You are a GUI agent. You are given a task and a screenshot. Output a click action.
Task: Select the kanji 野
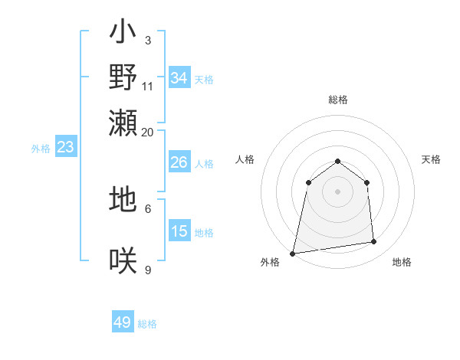[123, 77]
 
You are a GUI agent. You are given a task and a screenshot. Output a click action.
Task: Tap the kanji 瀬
[123, 122]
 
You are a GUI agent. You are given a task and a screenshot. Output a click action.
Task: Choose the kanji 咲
[123, 260]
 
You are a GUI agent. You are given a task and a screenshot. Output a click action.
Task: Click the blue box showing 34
[179, 78]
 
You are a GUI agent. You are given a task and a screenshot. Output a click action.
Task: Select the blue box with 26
[179, 162]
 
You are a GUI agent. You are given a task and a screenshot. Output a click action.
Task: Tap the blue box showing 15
[179, 231]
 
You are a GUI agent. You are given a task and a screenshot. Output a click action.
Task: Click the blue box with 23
[65, 147]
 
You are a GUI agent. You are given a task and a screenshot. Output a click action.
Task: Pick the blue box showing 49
[123, 322]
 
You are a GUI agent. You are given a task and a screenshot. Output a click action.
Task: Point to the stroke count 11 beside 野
[148, 86]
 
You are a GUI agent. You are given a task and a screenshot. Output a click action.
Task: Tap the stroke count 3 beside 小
[147, 40]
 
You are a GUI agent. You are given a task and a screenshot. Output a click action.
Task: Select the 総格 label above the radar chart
[338, 100]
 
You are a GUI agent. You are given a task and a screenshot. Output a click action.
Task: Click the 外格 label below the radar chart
[270, 263]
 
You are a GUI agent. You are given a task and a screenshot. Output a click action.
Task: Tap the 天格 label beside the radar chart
[432, 159]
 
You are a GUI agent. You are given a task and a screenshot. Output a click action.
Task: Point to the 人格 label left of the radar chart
[245, 159]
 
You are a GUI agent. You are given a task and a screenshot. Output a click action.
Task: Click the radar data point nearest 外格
[293, 253]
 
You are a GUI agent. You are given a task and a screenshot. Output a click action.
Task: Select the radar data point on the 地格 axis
[374, 242]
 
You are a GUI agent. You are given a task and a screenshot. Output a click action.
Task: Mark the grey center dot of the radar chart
[338, 191]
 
